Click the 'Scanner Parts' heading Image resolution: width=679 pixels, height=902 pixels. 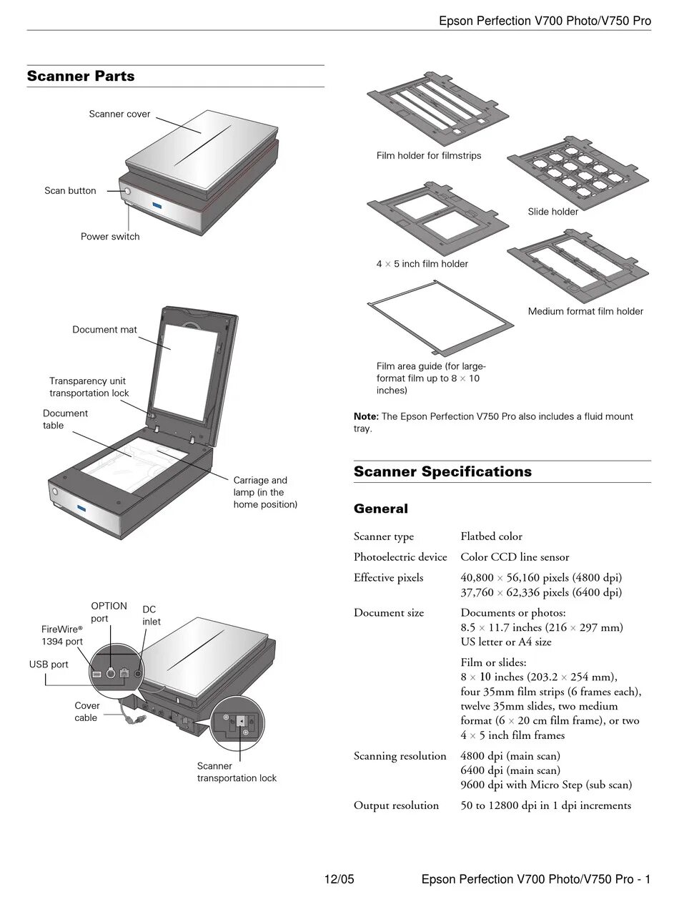pos(81,77)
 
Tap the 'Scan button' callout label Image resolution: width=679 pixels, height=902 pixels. pos(70,191)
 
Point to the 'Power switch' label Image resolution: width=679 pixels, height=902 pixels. pos(110,237)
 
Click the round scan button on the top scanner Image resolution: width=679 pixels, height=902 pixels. pos(127,192)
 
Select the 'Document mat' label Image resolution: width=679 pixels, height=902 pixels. pos(104,330)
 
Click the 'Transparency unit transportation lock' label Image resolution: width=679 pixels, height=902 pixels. pos(89,387)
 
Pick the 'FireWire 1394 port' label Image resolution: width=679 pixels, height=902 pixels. pos(62,635)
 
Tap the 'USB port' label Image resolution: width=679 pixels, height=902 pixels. pos(49,665)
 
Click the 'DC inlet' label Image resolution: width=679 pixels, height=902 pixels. pos(151,615)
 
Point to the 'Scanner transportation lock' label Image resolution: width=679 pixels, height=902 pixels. pos(237,772)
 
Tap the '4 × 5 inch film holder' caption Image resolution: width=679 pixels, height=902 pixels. pos(422,264)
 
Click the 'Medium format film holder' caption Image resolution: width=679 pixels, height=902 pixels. pos(585,311)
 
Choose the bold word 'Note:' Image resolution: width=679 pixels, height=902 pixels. pos(366,416)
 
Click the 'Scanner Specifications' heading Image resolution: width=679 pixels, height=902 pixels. pos(442,472)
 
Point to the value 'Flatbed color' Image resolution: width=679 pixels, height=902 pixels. pos(491,536)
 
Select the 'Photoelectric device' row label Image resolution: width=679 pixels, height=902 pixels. pos(400,557)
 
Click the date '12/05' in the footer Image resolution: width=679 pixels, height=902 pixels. pos(339,879)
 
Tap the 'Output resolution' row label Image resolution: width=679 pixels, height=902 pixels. pos(396,805)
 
